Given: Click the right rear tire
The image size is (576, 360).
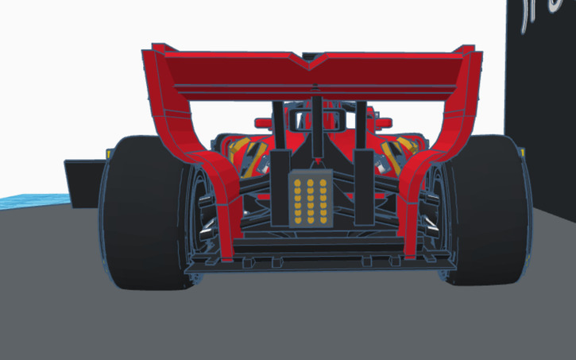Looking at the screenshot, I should coord(489,215).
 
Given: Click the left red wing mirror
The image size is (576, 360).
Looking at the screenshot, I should coord(264,123).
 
